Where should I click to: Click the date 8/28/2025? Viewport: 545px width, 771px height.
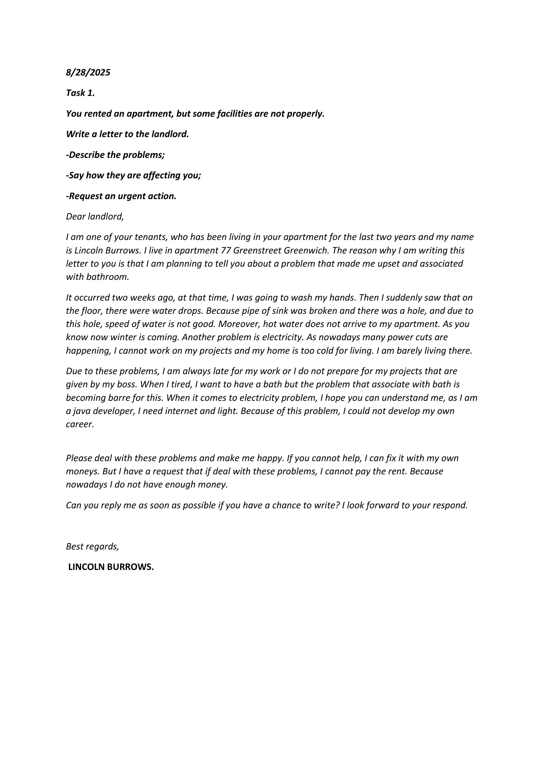tap(88, 73)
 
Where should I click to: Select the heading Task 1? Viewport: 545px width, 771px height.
tap(80, 93)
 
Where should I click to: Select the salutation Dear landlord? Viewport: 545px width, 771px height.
tap(95, 217)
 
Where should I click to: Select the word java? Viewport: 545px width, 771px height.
tap(81, 411)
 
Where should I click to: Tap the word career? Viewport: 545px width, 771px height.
tap(80, 425)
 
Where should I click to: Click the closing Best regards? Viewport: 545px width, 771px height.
tap(92, 546)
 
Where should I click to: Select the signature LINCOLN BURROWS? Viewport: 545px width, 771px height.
tap(111, 567)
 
